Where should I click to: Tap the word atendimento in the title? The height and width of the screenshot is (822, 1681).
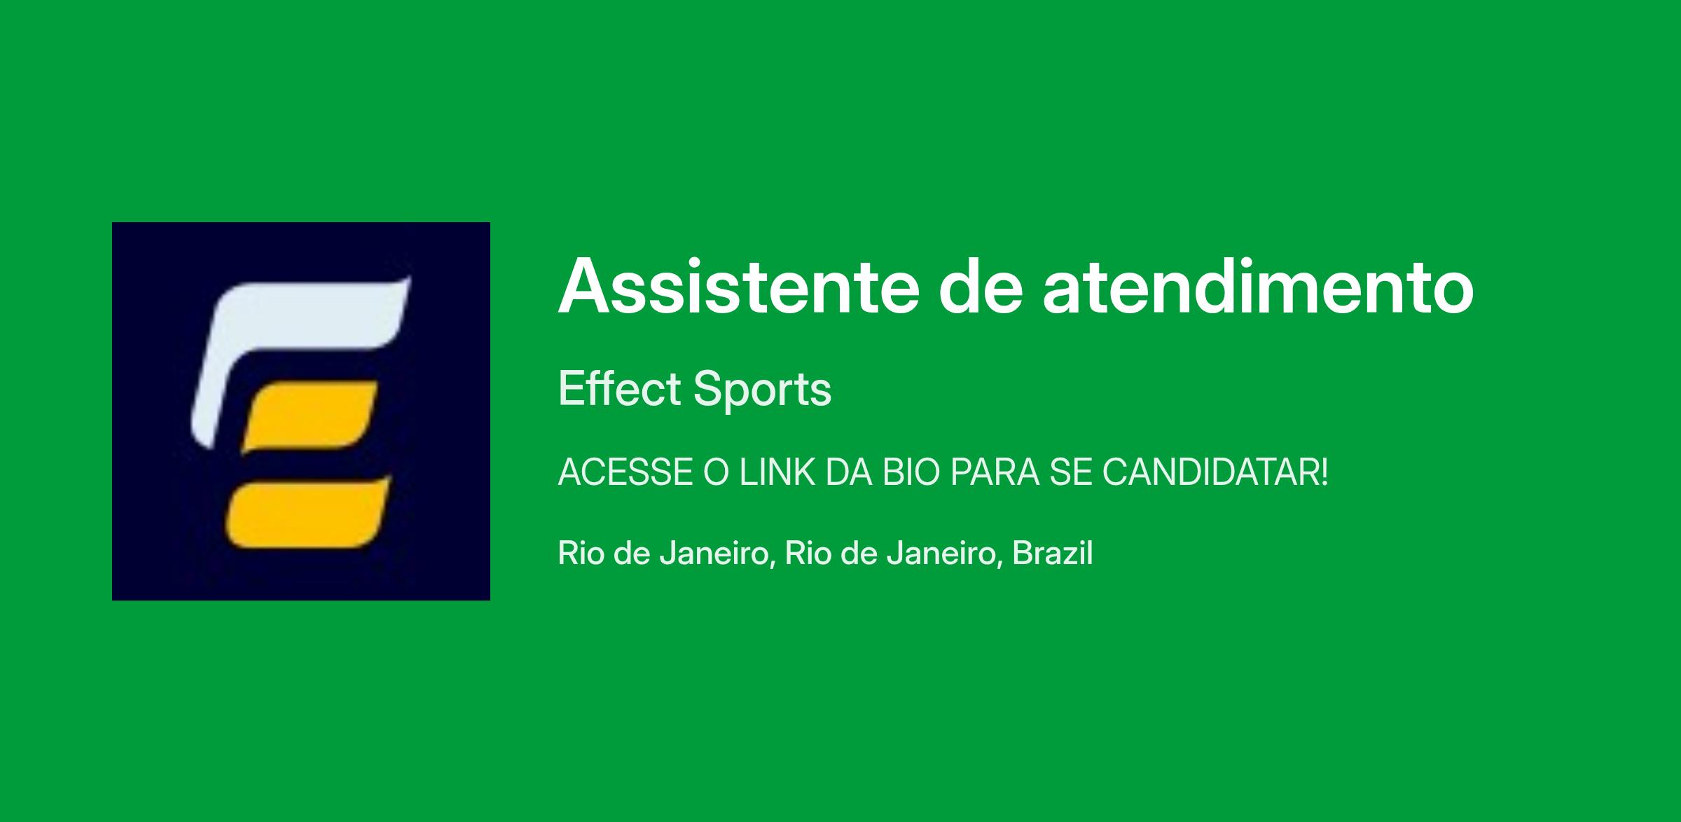pos(1258,287)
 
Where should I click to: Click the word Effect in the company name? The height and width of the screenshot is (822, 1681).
pos(619,388)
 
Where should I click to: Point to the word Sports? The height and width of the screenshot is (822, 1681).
pos(762,390)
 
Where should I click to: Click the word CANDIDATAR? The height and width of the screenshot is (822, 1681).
pos(1215,473)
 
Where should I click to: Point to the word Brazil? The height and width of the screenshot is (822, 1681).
pos(1053,553)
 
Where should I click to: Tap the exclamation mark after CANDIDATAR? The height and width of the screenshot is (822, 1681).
pos(1323,473)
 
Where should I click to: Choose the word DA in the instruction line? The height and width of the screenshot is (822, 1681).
pos(848,473)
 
